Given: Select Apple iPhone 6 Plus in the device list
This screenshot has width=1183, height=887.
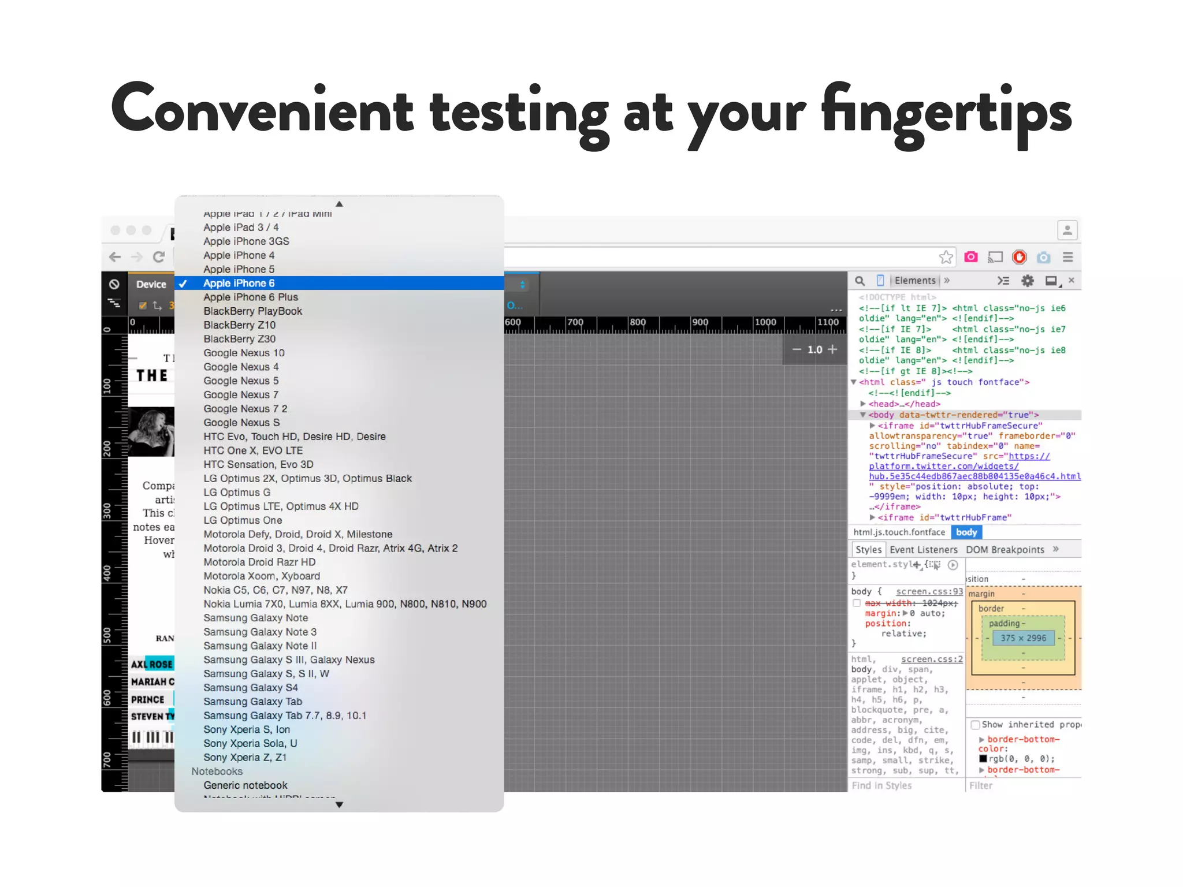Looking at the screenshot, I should (x=251, y=297).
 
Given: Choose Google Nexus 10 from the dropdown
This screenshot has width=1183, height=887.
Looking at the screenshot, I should (x=244, y=353).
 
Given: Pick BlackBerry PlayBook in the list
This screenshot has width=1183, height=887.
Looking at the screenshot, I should (x=252, y=311).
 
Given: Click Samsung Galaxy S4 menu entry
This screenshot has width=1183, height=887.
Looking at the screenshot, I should (x=250, y=688).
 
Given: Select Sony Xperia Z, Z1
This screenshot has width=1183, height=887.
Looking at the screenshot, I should (x=245, y=758).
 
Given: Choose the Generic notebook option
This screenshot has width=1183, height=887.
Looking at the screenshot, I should (x=245, y=785).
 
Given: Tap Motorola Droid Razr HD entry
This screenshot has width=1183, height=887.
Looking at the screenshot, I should (x=259, y=562).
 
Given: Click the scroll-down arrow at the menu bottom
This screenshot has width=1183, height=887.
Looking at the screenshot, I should (x=339, y=805).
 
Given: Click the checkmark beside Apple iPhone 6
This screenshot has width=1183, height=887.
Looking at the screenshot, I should (x=183, y=284).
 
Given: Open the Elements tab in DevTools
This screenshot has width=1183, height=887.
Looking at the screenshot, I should (x=914, y=281).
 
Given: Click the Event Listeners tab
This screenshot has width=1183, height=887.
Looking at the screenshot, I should (x=923, y=550).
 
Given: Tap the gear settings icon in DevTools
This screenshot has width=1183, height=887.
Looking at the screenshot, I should (x=1027, y=281).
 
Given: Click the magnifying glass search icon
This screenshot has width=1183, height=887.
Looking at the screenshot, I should (x=860, y=281).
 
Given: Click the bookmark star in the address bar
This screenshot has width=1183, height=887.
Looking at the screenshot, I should (x=946, y=258).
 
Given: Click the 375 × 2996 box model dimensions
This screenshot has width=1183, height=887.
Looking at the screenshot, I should (x=1023, y=638).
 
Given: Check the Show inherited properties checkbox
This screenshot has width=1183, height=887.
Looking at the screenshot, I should (x=976, y=725).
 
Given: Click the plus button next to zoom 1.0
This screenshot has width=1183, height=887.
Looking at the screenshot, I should (x=832, y=349).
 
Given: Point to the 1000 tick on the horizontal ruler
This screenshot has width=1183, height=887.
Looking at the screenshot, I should (x=765, y=322).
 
